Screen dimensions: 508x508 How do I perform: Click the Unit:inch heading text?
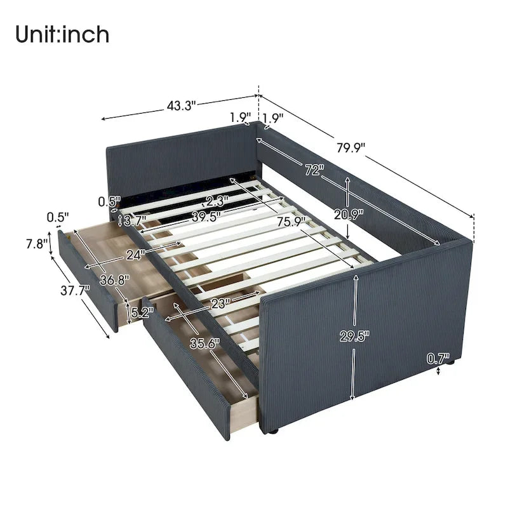coord(63,34)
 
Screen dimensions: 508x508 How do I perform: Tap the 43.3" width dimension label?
coord(181,106)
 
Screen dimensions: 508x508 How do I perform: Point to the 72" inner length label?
coord(313,170)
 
